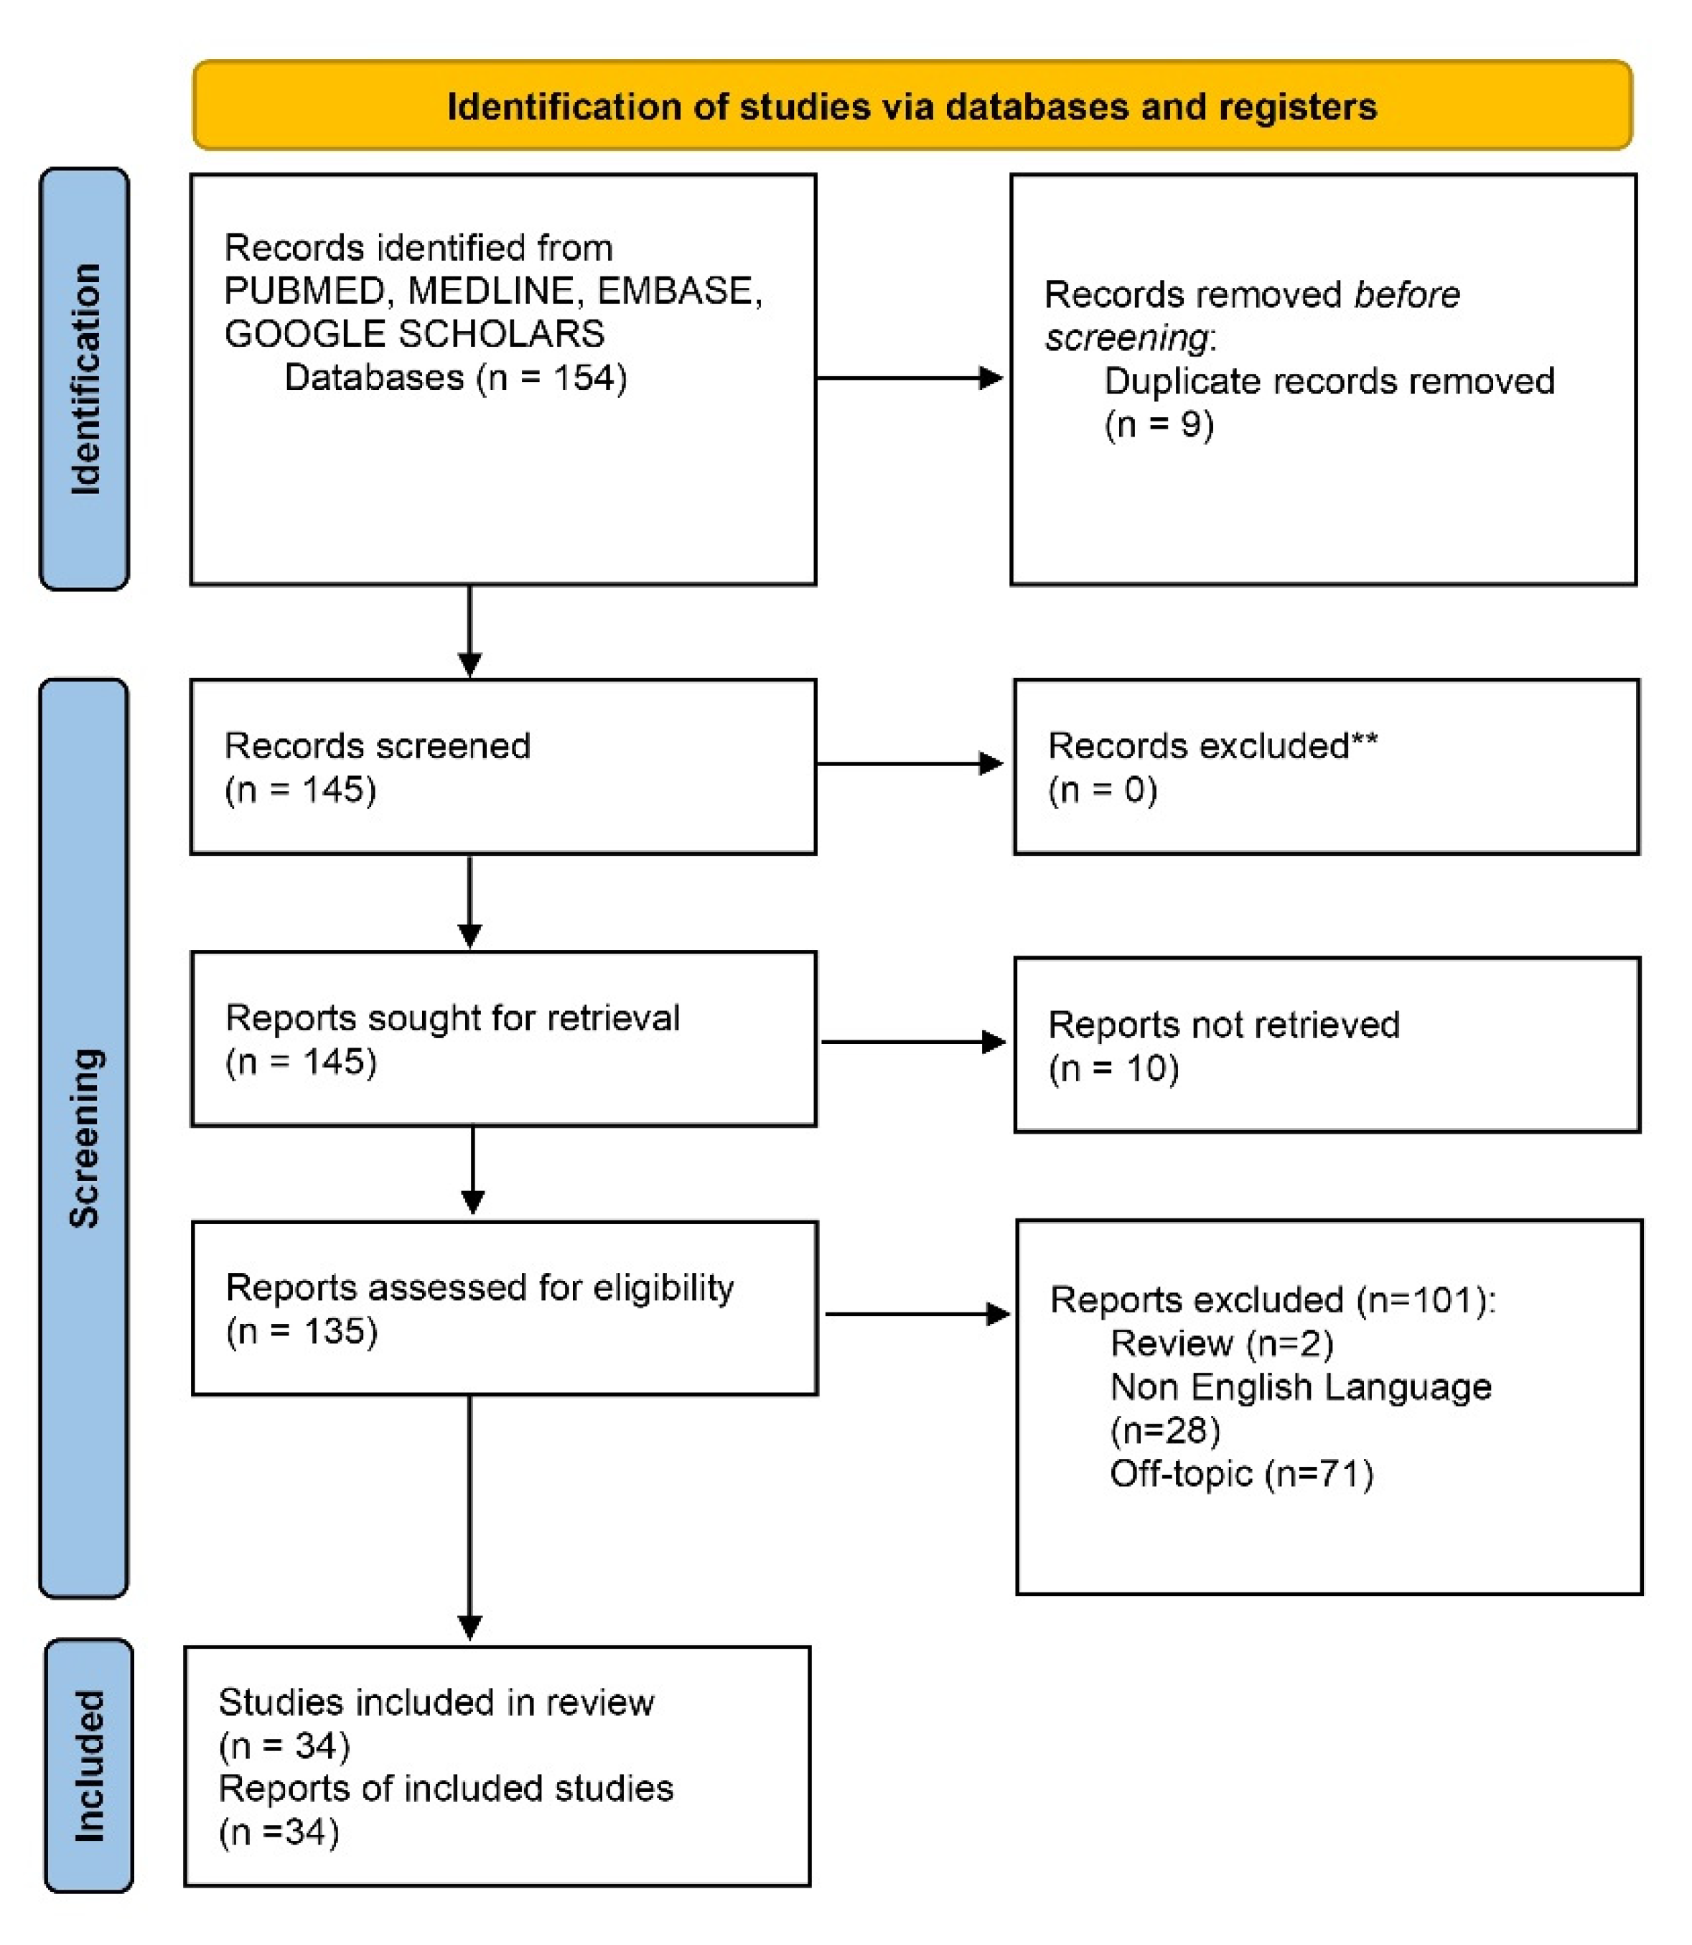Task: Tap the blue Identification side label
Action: pyautogui.click(x=85, y=378)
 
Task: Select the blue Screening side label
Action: pyautogui.click(x=85, y=1138)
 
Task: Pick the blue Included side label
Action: pyautogui.click(x=89, y=1766)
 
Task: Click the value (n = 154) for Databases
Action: pyautogui.click(x=551, y=378)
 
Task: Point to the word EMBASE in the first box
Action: pyautogui.click(x=678, y=291)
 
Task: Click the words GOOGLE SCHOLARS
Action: pyautogui.click(x=413, y=335)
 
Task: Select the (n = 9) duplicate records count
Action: pyautogui.click(x=1159, y=424)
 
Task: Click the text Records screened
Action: pyautogui.click(x=377, y=746)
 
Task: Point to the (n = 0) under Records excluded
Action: pyautogui.click(x=1102, y=789)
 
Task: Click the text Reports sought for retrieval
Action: pyautogui.click(x=452, y=1018)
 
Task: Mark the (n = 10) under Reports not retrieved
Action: pyautogui.click(x=1113, y=1069)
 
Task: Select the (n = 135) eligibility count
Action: pyautogui.click(x=302, y=1331)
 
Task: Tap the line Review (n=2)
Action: pyautogui.click(x=1221, y=1343)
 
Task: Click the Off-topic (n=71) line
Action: pyautogui.click(x=1240, y=1474)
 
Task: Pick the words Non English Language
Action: pyautogui.click(x=1300, y=1387)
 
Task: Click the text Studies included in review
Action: pyautogui.click(x=436, y=1702)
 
